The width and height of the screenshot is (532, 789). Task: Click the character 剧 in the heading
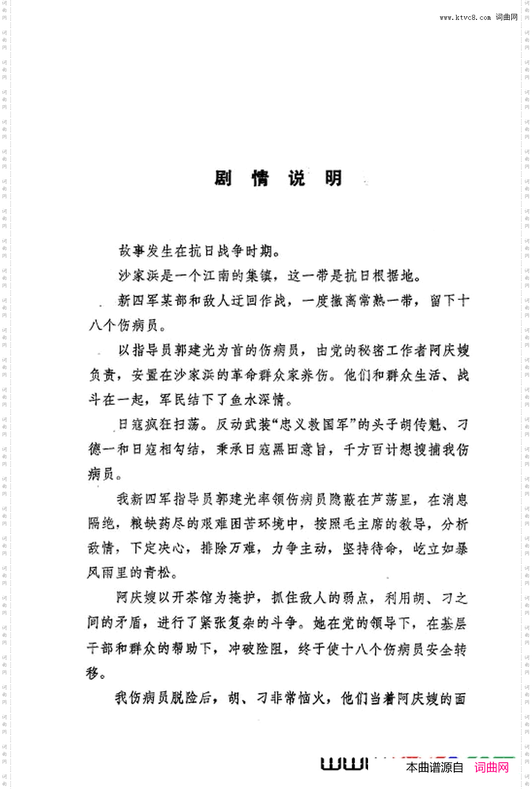[x=223, y=178]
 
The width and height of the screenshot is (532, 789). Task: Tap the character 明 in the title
[x=333, y=178]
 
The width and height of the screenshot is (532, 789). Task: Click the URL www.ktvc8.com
[x=465, y=17]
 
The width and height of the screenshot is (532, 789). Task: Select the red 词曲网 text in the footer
[x=491, y=767]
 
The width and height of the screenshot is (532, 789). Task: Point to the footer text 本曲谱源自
[x=434, y=767]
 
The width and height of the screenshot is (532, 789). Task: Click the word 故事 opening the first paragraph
[x=132, y=251]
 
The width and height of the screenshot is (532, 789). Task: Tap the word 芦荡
[x=385, y=499]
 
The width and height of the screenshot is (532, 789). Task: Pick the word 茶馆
[x=200, y=598]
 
